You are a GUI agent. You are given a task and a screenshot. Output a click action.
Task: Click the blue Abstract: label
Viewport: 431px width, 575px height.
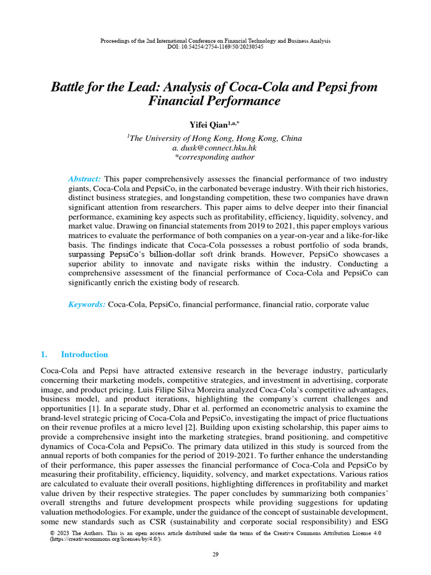click(x=84, y=179)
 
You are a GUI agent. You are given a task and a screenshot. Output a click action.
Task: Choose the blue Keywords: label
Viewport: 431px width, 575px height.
click(x=86, y=304)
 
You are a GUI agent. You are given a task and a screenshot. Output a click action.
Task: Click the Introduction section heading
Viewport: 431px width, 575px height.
click(x=84, y=354)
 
